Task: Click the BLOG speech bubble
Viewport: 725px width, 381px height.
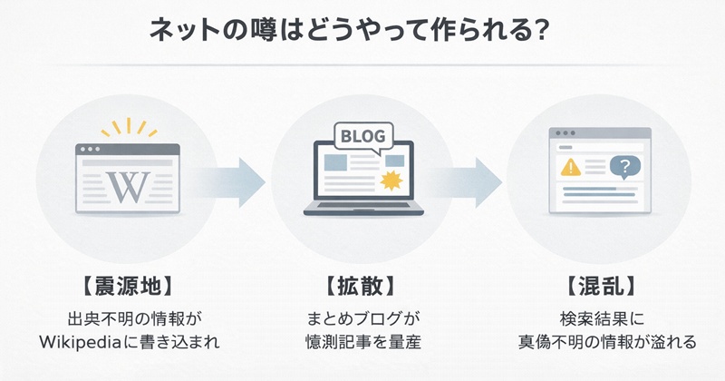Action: [362, 137]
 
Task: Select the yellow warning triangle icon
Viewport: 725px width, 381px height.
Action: [571, 167]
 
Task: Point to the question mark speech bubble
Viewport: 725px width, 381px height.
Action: [623, 167]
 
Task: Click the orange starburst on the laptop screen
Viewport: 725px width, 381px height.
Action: [392, 179]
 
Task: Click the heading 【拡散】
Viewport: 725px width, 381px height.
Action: [362, 285]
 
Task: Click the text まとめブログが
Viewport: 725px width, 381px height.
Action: [362, 319]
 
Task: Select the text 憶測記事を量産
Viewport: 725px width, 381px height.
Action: [362, 343]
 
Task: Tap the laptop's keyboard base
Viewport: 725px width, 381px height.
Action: [362, 210]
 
